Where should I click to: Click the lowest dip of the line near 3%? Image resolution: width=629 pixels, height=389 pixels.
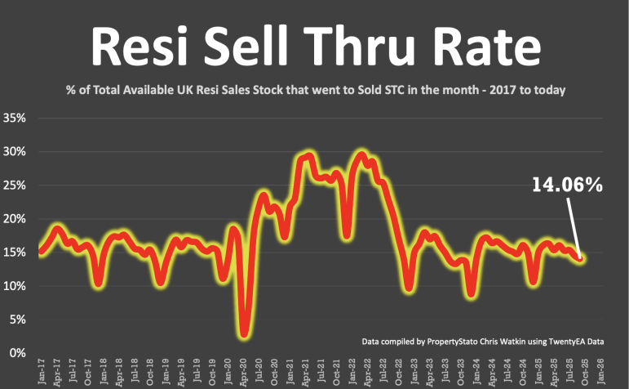tap(244, 333)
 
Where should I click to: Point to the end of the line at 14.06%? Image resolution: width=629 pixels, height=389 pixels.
tap(581, 258)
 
